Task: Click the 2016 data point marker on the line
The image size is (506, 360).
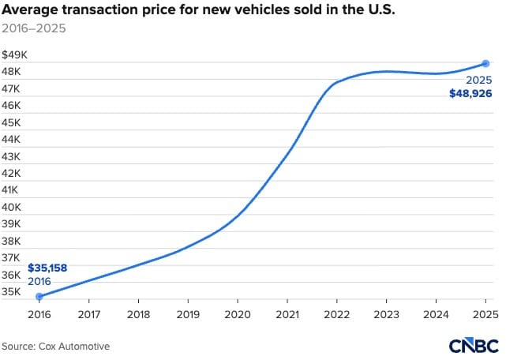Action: click(x=39, y=296)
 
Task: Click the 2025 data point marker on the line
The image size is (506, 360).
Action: click(x=486, y=63)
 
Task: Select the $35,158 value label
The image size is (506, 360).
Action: click(x=47, y=268)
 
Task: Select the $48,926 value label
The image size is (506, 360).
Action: click(x=470, y=93)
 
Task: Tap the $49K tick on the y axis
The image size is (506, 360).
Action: click(x=15, y=55)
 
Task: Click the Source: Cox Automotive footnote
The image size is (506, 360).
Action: click(x=55, y=346)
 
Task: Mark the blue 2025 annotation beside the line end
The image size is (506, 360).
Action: click(x=479, y=80)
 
